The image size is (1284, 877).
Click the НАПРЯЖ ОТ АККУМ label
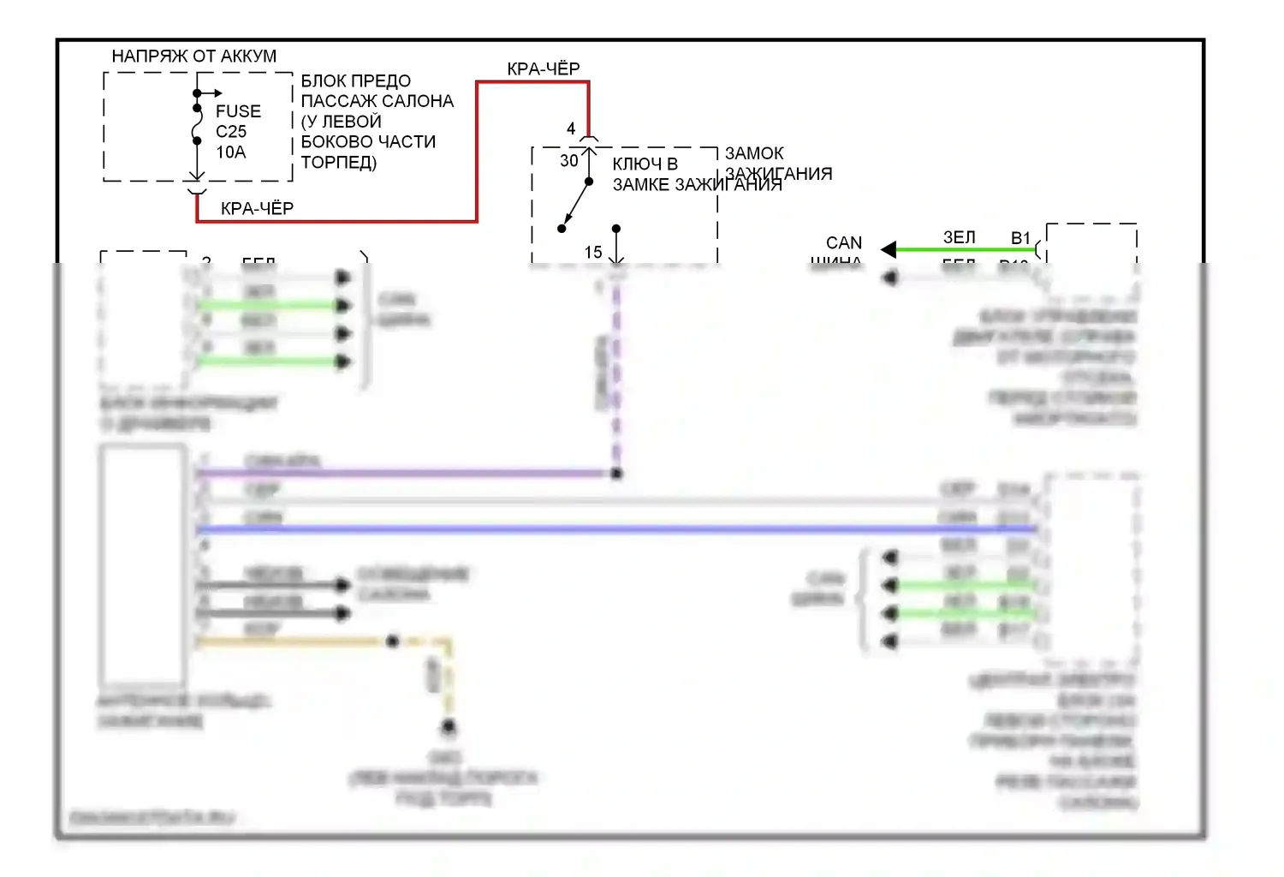click(x=194, y=57)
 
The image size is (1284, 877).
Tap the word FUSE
click(x=238, y=111)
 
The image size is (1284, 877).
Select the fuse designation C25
click(x=231, y=132)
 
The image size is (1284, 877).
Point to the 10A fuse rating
click(x=231, y=152)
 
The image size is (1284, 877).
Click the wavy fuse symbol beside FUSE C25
click(x=197, y=125)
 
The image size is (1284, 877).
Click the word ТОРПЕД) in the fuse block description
click(x=339, y=163)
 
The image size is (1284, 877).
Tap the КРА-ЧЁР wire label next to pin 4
click(x=543, y=69)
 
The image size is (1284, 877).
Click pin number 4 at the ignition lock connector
click(x=571, y=128)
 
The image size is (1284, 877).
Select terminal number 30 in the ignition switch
click(x=569, y=161)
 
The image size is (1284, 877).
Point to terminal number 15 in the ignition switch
click(x=593, y=253)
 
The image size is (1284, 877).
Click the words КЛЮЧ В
click(x=645, y=164)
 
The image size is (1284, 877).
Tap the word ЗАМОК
click(x=754, y=153)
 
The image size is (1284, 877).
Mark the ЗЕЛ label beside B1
click(x=959, y=237)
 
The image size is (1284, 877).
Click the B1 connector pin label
click(x=1020, y=238)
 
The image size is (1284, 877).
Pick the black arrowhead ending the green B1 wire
click(x=889, y=249)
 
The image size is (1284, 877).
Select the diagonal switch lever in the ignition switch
click(x=576, y=205)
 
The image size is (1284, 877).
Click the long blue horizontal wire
click(x=599, y=529)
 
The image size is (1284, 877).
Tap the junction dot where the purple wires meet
click(x=616, y=473)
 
